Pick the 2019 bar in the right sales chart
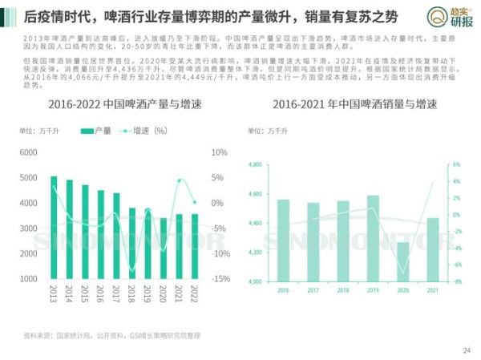click(x=373, y=238)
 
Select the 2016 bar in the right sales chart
click(x=283, y=241)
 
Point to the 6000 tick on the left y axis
click(x=28, y=152)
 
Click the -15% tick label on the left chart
click(x=221, y=279)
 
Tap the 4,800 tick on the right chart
click(x=256, y=165)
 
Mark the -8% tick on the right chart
click(x=456, y=282)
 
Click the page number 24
click(x=467, y=350)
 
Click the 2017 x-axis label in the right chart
click(x=313, y=289)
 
